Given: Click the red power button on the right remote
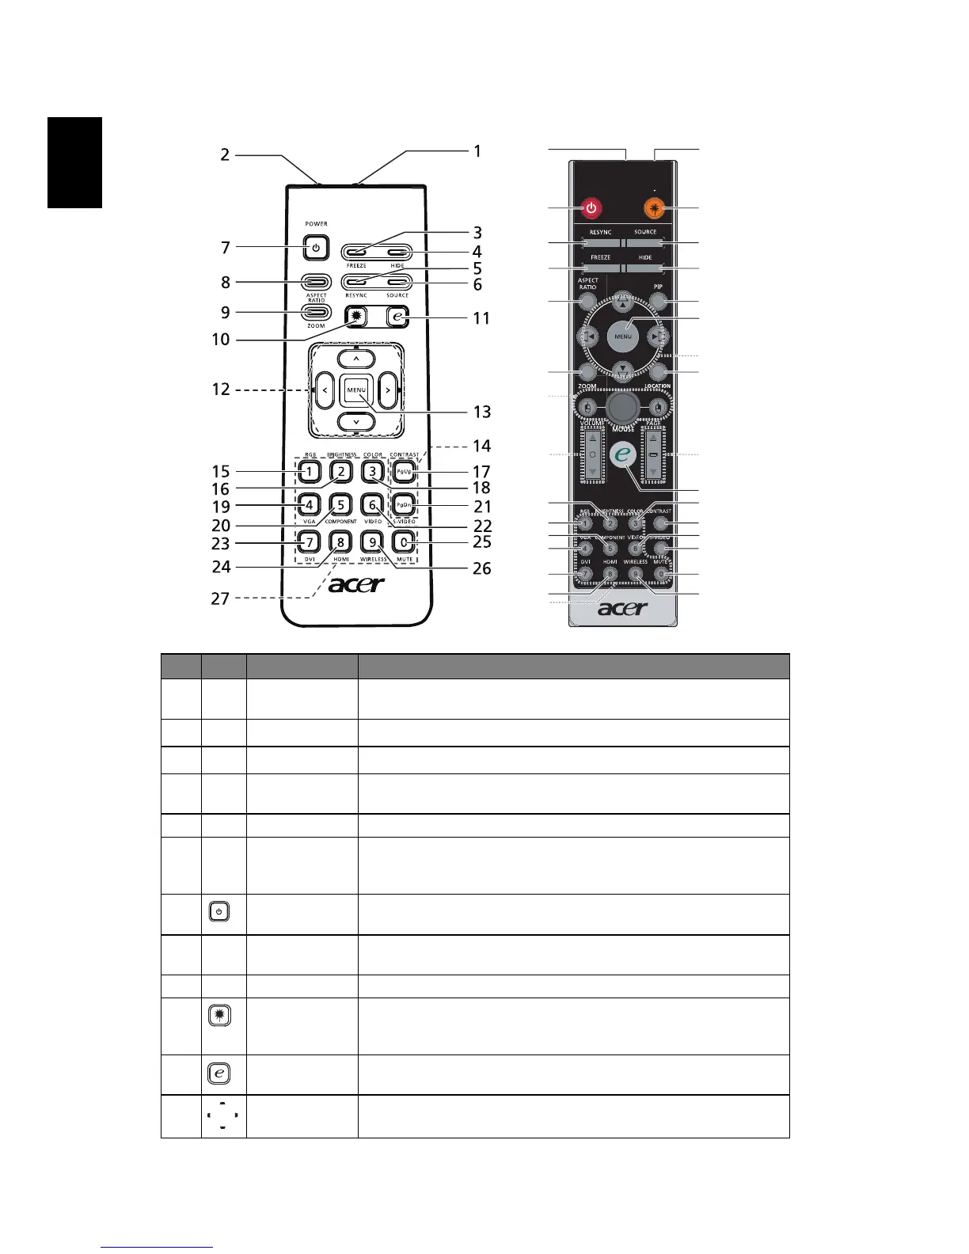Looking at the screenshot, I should point(591,209).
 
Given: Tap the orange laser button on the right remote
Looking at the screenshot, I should point(655,209).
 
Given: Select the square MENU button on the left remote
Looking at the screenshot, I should point(355,390).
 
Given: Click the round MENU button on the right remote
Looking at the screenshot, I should point(623,336).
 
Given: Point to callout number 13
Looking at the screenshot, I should point(482,412).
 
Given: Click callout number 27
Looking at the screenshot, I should point(220,598).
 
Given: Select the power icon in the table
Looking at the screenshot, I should point(220,912).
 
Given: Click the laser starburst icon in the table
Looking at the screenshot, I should point(220,1015).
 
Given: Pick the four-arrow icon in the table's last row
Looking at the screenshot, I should point(222,1115).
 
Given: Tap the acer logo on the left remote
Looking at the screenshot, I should point(355,585).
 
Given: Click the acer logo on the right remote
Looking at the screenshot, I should point(622,608).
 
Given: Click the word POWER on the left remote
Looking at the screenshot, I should point(316,224).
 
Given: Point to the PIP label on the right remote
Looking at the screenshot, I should point(658,287).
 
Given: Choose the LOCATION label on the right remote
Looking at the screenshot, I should point(657,386).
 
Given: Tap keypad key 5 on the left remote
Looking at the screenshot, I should point(340,504).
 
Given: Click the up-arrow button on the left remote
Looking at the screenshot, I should point(356,359).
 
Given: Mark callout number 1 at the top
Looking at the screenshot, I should point(477,150).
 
